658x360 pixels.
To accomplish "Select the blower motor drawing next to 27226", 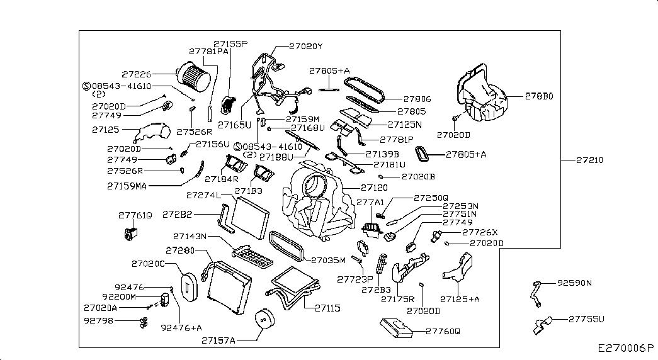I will coord(192,76).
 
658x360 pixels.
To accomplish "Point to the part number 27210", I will coord(589,160).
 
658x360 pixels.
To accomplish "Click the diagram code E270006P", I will coord(627,347).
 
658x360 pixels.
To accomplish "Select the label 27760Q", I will coord(443,331).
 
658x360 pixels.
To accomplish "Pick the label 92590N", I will coord(575,283).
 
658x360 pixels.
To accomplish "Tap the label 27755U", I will coord(586,320).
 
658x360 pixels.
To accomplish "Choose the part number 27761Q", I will coord(135,215).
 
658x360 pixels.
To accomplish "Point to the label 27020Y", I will coord(305,46).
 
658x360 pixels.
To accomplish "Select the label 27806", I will coord(417,99).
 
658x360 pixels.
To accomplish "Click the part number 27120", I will coord(374,188).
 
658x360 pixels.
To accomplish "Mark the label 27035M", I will coord(329,259).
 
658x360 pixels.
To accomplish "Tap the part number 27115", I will coord(327,308).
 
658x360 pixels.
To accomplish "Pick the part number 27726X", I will coord(480,232).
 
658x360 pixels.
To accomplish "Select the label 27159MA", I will coord(127,186).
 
